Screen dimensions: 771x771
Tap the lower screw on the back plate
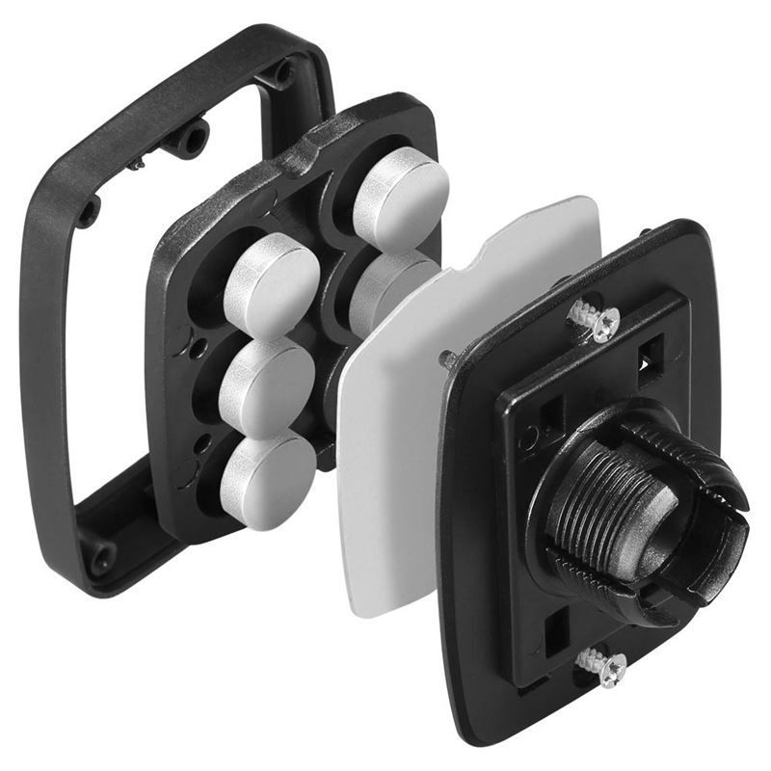pyautogui.click(x=601, y=666)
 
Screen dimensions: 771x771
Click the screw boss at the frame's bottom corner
pyautogui.click(x=100, y=555)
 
